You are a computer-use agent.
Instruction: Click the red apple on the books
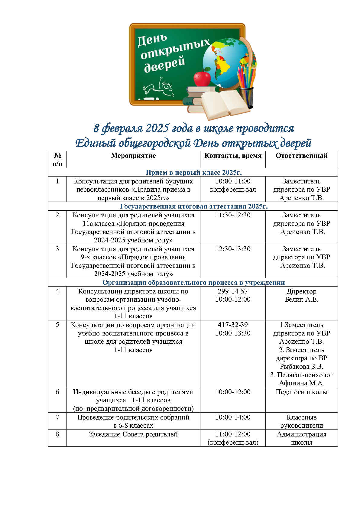coord(202,78)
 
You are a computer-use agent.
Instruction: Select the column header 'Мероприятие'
coord(133,156)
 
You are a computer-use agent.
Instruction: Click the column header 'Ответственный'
coord(301,156)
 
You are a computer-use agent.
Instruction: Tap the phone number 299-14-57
coord(233,291)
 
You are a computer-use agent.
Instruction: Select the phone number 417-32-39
coord(233,325)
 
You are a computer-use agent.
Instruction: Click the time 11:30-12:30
coord(233,215)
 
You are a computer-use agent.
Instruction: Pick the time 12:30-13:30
coord(233,249)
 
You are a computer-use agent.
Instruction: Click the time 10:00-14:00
coord(233,417)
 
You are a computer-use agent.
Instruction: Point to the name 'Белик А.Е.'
coord(302,300)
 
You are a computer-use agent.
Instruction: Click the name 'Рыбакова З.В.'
coord(301,367)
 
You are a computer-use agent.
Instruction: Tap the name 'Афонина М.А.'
coord(301,383)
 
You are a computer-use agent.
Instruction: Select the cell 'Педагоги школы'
coord(301,392)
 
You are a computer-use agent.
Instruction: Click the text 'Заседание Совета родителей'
coord(133,434)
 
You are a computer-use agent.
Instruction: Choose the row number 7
coord(57,417)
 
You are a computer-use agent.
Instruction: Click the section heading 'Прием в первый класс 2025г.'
coord(194,173)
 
